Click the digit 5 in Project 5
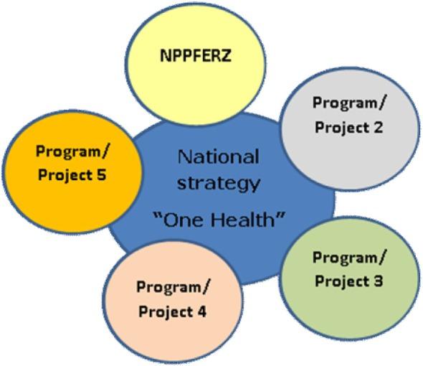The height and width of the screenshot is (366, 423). pos(102,174)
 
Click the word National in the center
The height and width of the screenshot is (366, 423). pos(219,156)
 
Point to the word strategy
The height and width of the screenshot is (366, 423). pos(219,183)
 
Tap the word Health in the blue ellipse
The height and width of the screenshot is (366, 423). pos(250,219)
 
